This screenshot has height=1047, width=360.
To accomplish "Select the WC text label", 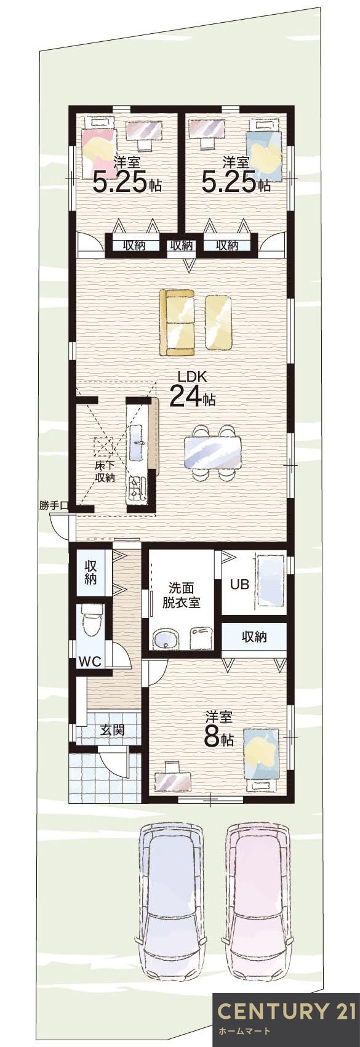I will [x=90, y=662].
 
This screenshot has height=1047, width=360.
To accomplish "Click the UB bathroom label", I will [x=239, y=584].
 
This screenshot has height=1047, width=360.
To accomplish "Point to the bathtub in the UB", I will [x=270, y=582].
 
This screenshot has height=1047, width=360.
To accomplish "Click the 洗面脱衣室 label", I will [x=181, y=595].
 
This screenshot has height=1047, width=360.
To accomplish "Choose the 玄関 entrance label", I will [x=113, y=730].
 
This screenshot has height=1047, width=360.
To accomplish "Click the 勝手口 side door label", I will [x=53, y=505].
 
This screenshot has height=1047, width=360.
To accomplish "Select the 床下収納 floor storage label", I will [x=105, y=471].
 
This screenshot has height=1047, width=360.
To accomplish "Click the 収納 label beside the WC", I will [x=91, y=572].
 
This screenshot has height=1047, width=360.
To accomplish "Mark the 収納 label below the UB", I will [x=254, y=636].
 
